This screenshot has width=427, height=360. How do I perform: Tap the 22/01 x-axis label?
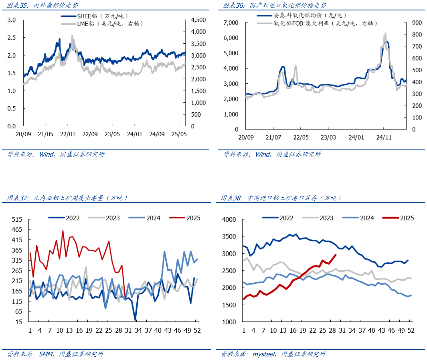coord(67,134)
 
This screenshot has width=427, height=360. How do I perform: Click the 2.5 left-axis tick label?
coord(12,37)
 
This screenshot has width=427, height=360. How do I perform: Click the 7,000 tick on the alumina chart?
coord(230,22)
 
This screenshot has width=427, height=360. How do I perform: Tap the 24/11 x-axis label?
coord(383,137)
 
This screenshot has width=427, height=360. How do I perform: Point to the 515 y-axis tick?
coord(17,220)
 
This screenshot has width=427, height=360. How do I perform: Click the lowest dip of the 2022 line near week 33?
coord(135,320)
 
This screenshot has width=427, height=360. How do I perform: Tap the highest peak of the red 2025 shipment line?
coord(63,231)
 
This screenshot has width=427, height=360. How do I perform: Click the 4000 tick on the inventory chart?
coord(230,220)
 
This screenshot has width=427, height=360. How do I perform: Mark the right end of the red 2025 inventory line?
coord(336,255)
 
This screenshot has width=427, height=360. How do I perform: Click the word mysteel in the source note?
coord(264,354)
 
